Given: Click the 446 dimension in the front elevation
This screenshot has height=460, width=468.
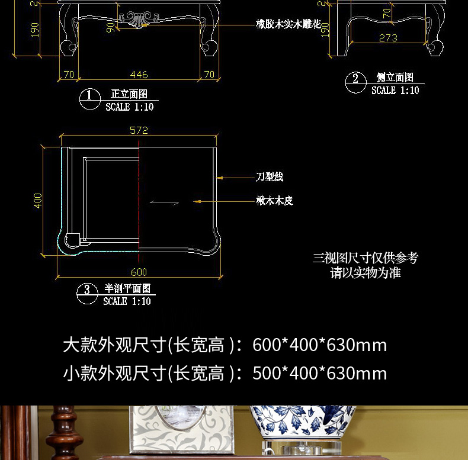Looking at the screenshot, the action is (x=139, y=75).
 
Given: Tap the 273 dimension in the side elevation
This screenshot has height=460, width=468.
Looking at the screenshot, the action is (x=388, y=38).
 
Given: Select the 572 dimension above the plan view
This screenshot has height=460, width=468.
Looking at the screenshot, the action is (x=139, y=130).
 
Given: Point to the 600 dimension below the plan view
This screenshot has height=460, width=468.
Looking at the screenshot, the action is (x=139, y=272).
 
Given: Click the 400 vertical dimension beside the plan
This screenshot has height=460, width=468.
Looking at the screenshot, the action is (x=39, y=200).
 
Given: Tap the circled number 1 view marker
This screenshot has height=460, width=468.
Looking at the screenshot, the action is (x=89, y=95).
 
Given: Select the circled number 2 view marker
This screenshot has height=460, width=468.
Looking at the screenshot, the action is (x=355, y=79).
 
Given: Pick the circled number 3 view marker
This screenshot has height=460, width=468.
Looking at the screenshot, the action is (x=87, y=289).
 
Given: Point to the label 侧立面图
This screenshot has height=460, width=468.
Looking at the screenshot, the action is (x=395, y=78).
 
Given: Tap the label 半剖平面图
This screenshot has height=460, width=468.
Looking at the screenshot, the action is (x=127, y=288).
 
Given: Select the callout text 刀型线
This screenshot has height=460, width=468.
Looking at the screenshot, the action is (x=270, y=177).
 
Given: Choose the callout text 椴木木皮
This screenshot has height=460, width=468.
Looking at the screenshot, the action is (x=274, y=201).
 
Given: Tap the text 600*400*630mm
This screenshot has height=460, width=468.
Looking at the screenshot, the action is (x=319, y=345).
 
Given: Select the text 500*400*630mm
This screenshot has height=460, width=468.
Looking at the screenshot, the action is (x=319, y=374).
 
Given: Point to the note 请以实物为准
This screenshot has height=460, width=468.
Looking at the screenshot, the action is (x=366, y=273).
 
